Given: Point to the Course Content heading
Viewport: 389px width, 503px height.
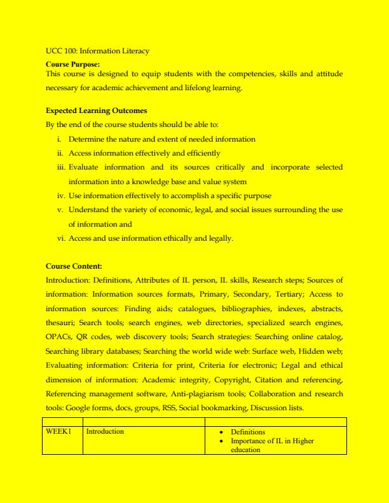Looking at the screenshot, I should tap(74, 267).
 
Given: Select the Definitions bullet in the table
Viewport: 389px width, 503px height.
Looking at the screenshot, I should tap(248, 432).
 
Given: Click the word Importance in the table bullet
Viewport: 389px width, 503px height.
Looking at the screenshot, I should tap(249, 441).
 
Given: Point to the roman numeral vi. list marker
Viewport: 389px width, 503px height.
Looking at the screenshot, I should tap(60, 238).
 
